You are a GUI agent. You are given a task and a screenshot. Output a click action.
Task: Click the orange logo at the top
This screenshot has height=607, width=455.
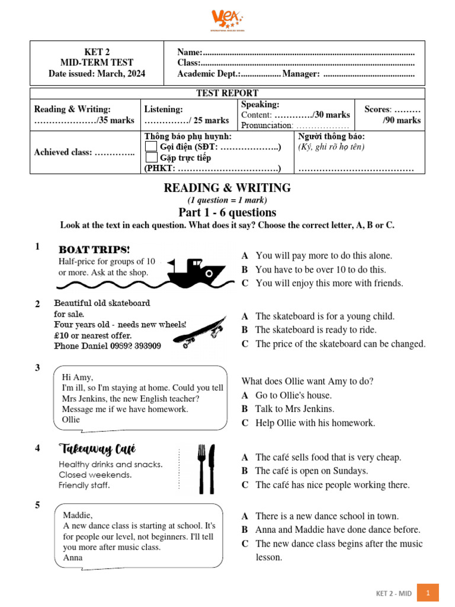pyautogui.click(x=227, y=20)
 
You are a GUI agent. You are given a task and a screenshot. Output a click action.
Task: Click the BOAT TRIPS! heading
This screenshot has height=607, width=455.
pyautogui.click(x=94, y=250)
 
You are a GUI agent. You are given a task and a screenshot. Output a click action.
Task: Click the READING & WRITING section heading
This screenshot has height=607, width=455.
pyautogui.click(x=227, y=188)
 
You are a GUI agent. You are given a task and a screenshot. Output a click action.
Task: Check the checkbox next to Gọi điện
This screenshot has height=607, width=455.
pyautogui.click(x=152, y=147)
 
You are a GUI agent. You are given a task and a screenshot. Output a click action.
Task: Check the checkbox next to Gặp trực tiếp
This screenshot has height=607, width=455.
pyautogui.click(x=152, y=158)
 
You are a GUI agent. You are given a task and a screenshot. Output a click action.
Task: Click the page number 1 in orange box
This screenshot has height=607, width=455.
pyautogui.click(x=427, y=592)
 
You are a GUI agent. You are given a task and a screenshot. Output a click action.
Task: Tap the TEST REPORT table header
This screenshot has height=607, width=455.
pyautogui.click(x=227, y=93)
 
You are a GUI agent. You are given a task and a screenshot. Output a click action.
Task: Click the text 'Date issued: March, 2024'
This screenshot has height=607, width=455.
pyautogui.click(x=97, y=74)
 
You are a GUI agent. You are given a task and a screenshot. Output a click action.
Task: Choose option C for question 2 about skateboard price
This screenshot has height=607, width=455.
pyautogui.click(x=245, y=344)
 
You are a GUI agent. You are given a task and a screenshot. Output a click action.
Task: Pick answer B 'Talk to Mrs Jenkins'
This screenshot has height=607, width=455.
pyautogui.click(x=245, y=409)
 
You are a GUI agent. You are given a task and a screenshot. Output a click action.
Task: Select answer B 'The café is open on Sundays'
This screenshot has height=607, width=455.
pyautogui.click(x=245, y=471)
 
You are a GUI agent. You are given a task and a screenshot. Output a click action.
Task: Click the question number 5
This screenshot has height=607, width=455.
pyautogui.click(x=37, y=506)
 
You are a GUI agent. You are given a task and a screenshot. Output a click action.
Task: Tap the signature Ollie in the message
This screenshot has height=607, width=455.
pyautogui.click(x=71, y=420)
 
